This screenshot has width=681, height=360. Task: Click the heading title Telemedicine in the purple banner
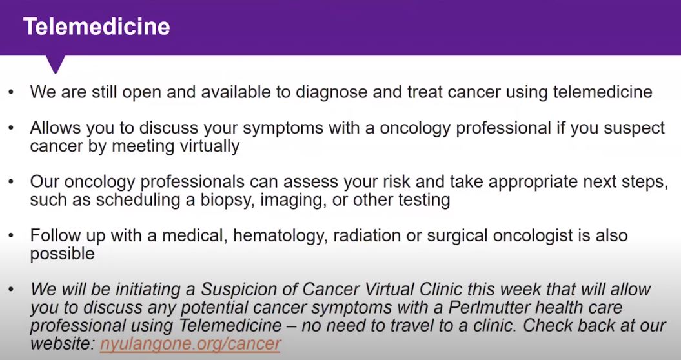(x=97, y=26)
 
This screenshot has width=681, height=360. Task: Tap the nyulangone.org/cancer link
(x=190, y=344)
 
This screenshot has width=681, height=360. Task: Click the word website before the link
(x=61, y=344)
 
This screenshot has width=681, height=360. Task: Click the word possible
(x=63, y=254)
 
